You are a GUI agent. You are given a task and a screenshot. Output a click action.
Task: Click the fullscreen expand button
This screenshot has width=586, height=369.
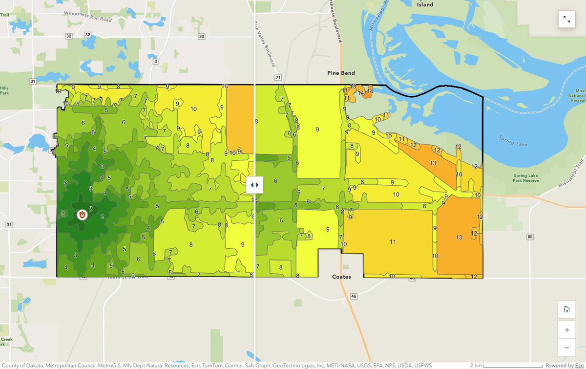(566, 19)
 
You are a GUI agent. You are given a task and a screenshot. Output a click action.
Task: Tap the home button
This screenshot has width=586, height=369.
(566, 309)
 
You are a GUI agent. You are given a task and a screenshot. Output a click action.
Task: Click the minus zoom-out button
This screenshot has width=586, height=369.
(566, 347)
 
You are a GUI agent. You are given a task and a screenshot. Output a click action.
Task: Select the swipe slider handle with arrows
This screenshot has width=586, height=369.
(254, 185)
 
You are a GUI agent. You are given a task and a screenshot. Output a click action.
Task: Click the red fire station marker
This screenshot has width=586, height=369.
(82, 215)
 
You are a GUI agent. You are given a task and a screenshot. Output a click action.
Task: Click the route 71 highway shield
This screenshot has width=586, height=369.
(278, 78)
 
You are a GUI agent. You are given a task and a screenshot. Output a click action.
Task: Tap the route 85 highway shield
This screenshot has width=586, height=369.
(530, 237)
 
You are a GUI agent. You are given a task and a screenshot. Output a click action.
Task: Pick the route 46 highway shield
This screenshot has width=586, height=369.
(354, 296)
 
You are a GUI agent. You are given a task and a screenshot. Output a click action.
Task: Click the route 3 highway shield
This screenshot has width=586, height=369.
(156, 61)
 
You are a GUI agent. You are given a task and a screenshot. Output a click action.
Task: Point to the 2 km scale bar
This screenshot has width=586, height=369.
(506, 365)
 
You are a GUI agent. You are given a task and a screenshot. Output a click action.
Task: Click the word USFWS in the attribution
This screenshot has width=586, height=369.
(422, 365)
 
